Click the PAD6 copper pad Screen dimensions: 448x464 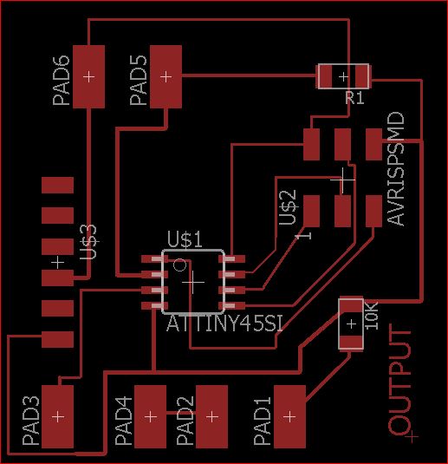(88, 76)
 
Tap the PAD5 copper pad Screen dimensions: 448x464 (166, 76)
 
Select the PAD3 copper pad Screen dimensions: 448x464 (58, 416)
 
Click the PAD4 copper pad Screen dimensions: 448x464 (150, 416)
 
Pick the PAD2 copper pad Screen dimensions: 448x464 (212, 416)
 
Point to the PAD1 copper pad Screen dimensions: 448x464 (289, 416)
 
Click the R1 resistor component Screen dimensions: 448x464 (343, 76)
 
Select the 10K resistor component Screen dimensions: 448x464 (351, 323)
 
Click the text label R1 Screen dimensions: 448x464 (355, 98)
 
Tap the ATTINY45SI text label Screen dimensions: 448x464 (224, 323)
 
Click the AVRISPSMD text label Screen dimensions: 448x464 (396, 168)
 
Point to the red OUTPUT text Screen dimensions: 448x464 (399, 380)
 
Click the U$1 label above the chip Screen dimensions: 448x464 (185, 239)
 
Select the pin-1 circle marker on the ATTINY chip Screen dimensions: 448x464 (179, 265)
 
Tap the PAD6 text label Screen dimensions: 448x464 (62, 80)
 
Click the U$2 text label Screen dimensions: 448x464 (288, 207)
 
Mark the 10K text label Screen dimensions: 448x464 (372, 316)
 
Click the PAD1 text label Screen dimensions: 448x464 (263, 421)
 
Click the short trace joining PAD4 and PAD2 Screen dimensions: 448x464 (181, 413)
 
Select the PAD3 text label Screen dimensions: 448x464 (30, 421)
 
